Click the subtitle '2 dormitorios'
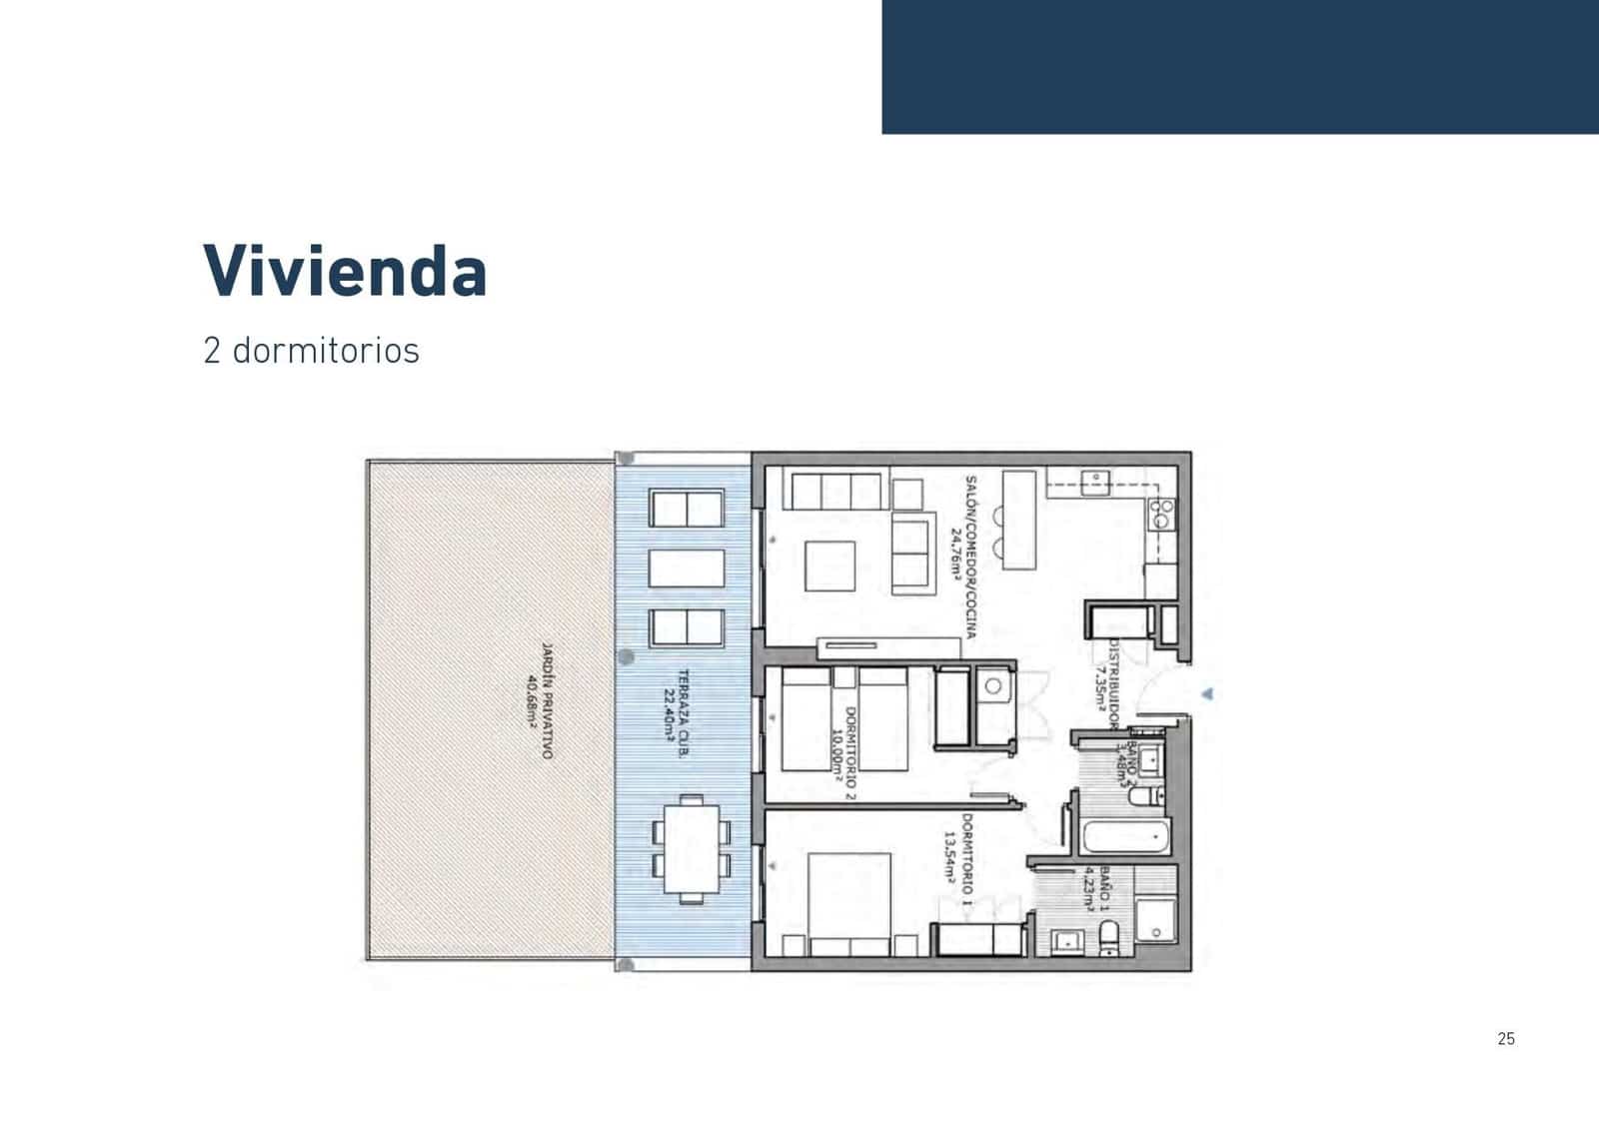click(311, 351)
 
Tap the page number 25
click(1506, 1039)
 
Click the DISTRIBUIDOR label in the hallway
click(1113, 678)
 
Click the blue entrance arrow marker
click(1208, 692)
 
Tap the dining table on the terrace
click(691, 848)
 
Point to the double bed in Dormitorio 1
click(849, 899)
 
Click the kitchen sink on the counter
click(1096, 481)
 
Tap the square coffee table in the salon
click(829, 566)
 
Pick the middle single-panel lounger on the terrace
click(687, 568)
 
